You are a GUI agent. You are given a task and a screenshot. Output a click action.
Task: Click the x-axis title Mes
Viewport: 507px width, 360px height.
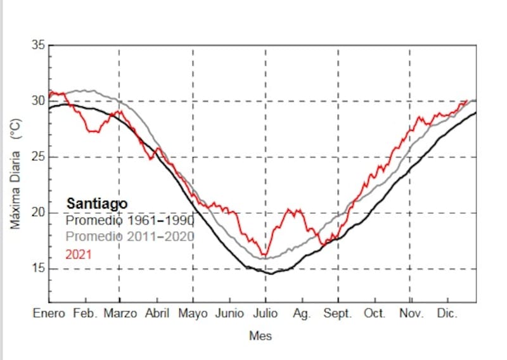(260, 336)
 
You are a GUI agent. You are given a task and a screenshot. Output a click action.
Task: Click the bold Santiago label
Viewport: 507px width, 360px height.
(97, 203)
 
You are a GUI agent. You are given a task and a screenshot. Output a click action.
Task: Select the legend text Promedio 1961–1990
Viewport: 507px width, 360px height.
(130, 221)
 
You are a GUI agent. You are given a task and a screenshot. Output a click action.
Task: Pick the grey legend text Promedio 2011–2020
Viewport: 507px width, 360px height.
(130, 237)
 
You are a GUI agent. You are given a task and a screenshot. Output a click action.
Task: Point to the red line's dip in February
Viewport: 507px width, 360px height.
(93, 131)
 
